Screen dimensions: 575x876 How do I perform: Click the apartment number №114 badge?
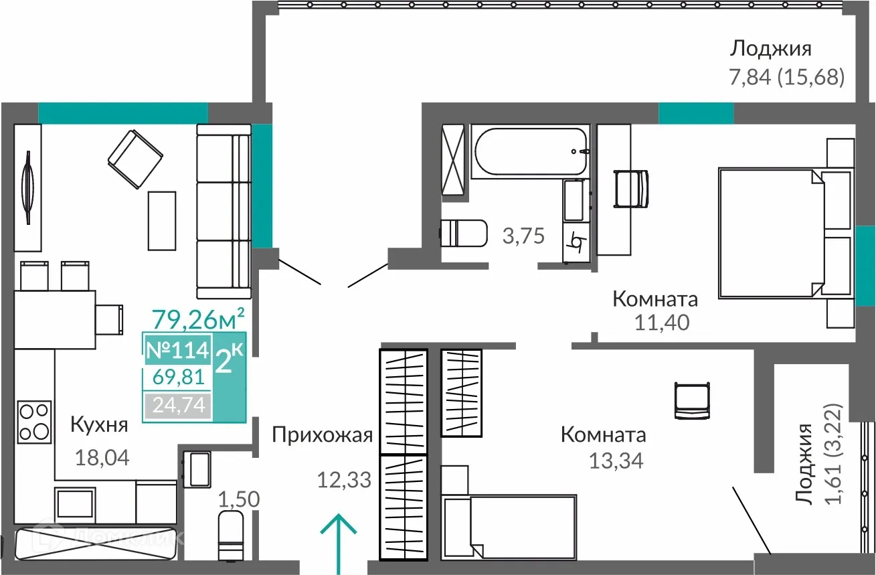(x=177, y=349)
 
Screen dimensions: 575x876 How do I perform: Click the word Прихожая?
(x=321, y=436)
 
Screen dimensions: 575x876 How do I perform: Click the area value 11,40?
(x=662, y=323)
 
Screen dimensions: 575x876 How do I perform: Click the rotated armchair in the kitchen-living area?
(x=135, y=159)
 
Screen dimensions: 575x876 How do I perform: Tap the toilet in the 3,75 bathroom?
(x=464, y=233)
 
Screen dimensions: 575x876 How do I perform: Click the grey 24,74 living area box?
(x=177, y=405)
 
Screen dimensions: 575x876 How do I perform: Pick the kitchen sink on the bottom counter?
(x=74, y=501)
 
